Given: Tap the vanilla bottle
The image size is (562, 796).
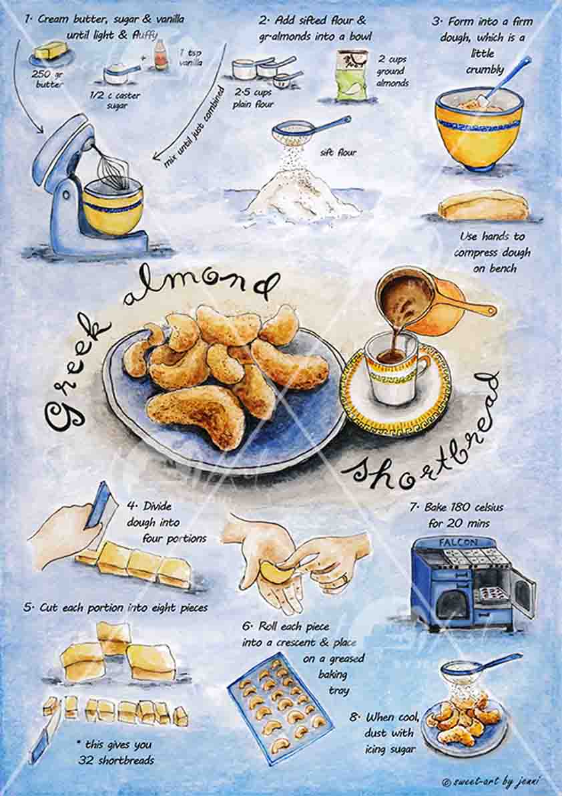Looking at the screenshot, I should pyautogui.click(x=160, y=55).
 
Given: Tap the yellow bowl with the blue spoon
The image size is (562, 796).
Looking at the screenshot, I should pyautogui.click(x=477, y=126).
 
